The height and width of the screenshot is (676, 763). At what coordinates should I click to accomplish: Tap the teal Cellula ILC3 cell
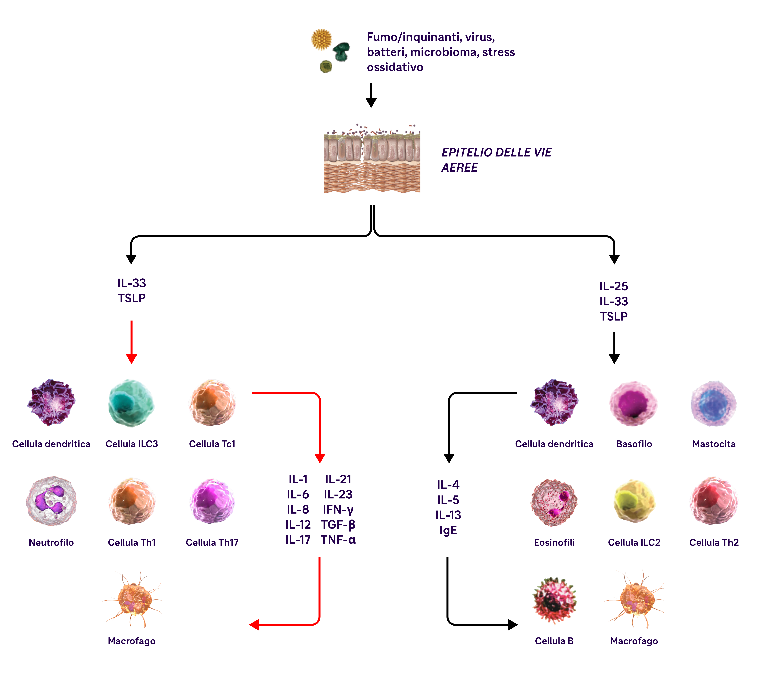pos(131,403)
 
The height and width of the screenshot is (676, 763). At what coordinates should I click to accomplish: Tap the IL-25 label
pos(614,286)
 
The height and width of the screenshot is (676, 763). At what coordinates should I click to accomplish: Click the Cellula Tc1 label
pos(212,444)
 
